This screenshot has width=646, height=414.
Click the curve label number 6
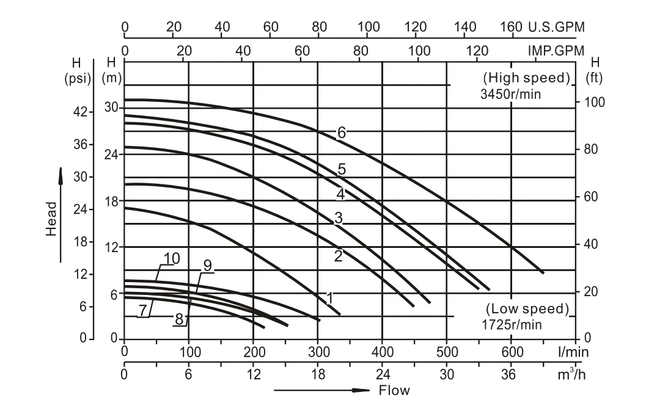pyautogui.click(x=342, y=132)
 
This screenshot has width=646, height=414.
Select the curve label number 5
pyautogui.click(x=342, y=170)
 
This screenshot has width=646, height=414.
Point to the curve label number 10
pyautogui.click(x=172, y=258)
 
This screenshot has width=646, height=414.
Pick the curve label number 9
pyautogui.click(x=208, y=266)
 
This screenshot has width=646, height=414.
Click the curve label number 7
pyautogui.click(x=142, y=311)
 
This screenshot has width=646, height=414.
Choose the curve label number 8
pyautogui.click(x=179, y=319)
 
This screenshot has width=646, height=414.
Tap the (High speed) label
pyautogui.click(x=526, y=78)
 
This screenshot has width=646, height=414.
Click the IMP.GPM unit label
pyautogui.click(x=556, y=50)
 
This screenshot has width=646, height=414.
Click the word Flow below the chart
pyautogui.click(x=394, y=390)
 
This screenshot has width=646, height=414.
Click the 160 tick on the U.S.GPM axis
pyautogui.click(x=511, y=27)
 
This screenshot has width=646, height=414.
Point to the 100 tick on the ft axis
pyautogui.click(x=595, y=102)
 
